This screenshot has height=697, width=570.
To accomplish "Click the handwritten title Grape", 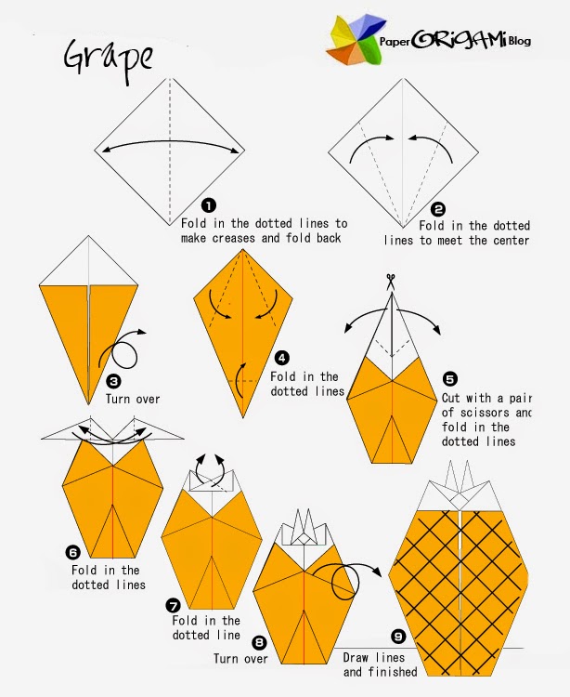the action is [x=109, y=60].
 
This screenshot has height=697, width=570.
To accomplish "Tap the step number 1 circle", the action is [x=209, y=205].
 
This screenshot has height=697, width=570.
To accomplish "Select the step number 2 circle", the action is [x=437, y=209].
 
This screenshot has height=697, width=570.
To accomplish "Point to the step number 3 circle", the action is [x=113, y=381].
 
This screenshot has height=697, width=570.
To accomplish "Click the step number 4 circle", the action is [x=282, y=358].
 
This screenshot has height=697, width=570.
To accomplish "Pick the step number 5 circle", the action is [x=450, y=379].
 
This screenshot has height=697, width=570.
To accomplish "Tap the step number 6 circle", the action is [x=72, y=553].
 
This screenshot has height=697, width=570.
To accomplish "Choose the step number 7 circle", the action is [x=173, y=605].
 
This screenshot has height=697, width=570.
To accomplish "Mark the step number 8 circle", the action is [x=259, y=642].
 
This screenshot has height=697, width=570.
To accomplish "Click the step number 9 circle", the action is [x=398, y=637].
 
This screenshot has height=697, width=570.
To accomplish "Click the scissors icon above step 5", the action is [x=391, y=281].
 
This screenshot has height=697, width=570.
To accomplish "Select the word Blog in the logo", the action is [x=519, y=41].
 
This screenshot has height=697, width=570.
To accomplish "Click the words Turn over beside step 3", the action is [x=133, y=399].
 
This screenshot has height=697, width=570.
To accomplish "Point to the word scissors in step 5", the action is [x=486, y=413].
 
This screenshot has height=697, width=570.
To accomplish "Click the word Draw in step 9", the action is [x=356, y=657].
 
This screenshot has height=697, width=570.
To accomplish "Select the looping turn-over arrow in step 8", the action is [x=346, y=580].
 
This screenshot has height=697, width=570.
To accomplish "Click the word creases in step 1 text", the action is [x=234, y=238].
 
